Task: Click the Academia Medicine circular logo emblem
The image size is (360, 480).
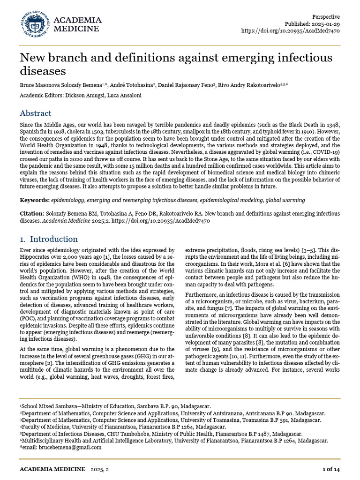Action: coord(34,24)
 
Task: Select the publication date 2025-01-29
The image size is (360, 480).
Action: coord(325,24)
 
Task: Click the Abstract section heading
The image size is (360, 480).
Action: coord(36,113)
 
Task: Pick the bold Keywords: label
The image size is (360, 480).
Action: coord(35,200)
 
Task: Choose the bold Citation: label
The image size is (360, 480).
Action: coord(33,213)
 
